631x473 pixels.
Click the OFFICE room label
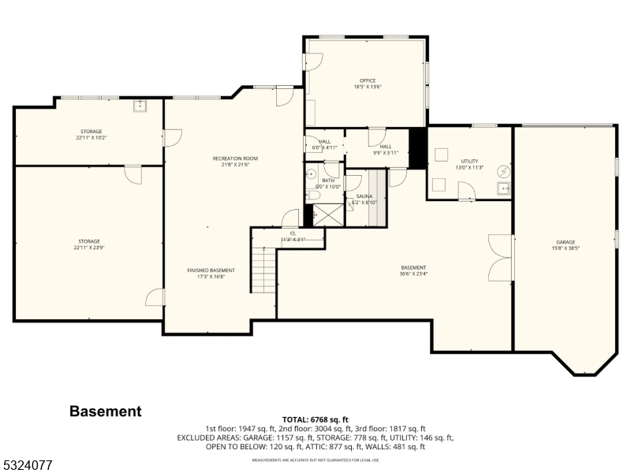coord(367,80)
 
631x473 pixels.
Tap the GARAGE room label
coord(565,242)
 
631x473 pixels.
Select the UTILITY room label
coord(470,161)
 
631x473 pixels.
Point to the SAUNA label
coord(364,196)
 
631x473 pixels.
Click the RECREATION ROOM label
coord(235,158)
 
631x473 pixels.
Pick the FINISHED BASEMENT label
coord(211,270)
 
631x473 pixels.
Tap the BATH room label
coord(328,181)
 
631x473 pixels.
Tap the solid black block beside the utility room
coord(417,148)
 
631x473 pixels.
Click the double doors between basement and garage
coord(500,257)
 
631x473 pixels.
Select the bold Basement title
coord(106,411)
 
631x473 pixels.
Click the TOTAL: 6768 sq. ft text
coord(315,419)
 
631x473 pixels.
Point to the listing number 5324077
coord(27,466)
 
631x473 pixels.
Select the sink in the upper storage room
coord(141,106)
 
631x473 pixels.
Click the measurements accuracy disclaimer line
coord(315,460)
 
